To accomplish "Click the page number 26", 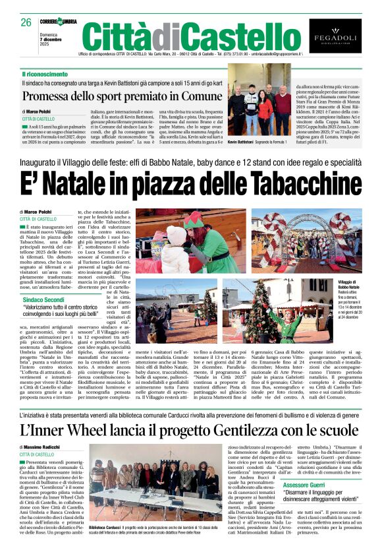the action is point(26,22).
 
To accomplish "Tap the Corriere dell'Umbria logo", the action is point(59,21).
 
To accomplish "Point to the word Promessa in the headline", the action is point(49,96).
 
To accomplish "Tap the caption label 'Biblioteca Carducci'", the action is point(103,528).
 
